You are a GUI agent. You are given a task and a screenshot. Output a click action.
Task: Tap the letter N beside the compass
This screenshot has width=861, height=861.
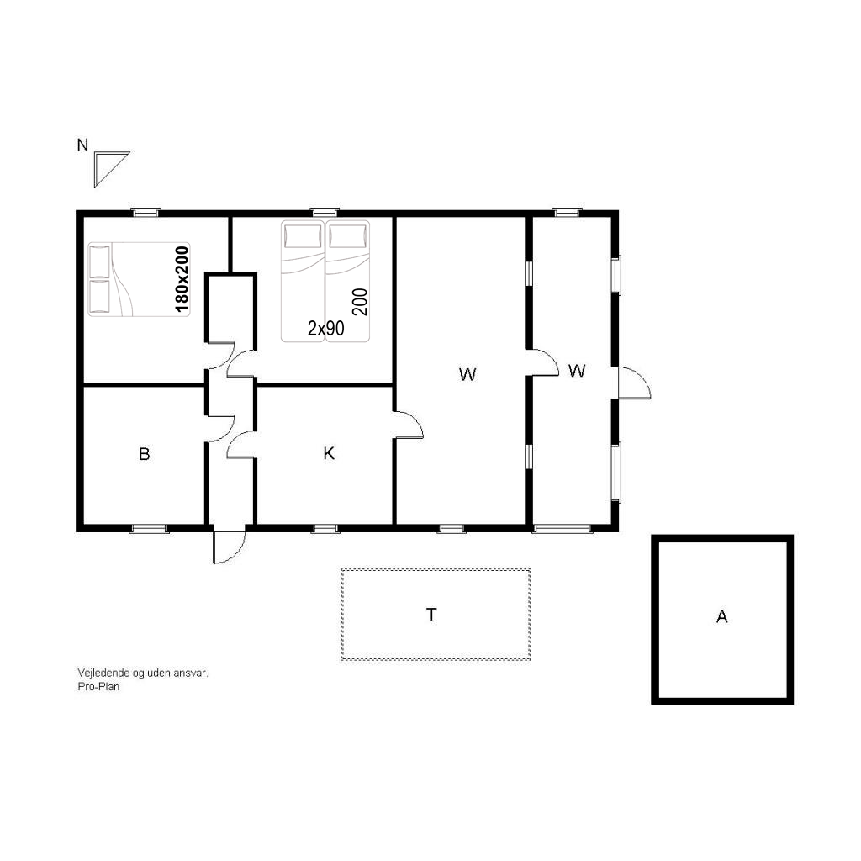pos(82,145)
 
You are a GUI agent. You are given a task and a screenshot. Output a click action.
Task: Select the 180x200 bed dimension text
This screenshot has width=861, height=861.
pos(182,279)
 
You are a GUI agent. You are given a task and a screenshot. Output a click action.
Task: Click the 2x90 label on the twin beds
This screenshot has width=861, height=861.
pos(325,328)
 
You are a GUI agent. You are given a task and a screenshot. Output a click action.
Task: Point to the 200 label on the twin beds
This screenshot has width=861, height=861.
pos(360,302)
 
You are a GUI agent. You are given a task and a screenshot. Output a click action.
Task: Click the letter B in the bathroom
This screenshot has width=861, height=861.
pos(145,454)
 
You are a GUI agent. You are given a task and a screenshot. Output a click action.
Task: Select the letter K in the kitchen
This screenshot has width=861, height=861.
pos(329,453)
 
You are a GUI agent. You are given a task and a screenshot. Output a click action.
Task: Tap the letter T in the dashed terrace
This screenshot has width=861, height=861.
pos(431,614)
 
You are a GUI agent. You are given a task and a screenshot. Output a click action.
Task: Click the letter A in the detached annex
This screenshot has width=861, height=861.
pos(721,616)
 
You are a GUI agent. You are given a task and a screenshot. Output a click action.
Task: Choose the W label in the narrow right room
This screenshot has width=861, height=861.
pos(577,371)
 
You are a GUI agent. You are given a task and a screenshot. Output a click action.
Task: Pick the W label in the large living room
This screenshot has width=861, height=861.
pos(467,374)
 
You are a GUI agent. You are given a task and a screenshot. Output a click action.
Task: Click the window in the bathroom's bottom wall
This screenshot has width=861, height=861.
pos(150,528)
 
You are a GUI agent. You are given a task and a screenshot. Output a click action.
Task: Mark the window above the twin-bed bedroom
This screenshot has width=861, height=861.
pos(325,212)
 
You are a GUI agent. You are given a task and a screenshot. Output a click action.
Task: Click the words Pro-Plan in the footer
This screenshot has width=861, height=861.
pos(99,686)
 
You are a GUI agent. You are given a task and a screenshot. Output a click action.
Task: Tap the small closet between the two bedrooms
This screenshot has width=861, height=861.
pos(230,308)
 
